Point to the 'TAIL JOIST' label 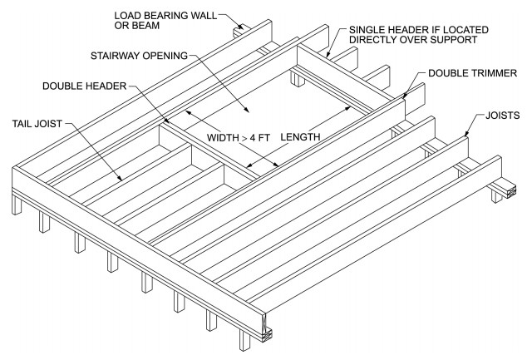click(37, 126)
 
